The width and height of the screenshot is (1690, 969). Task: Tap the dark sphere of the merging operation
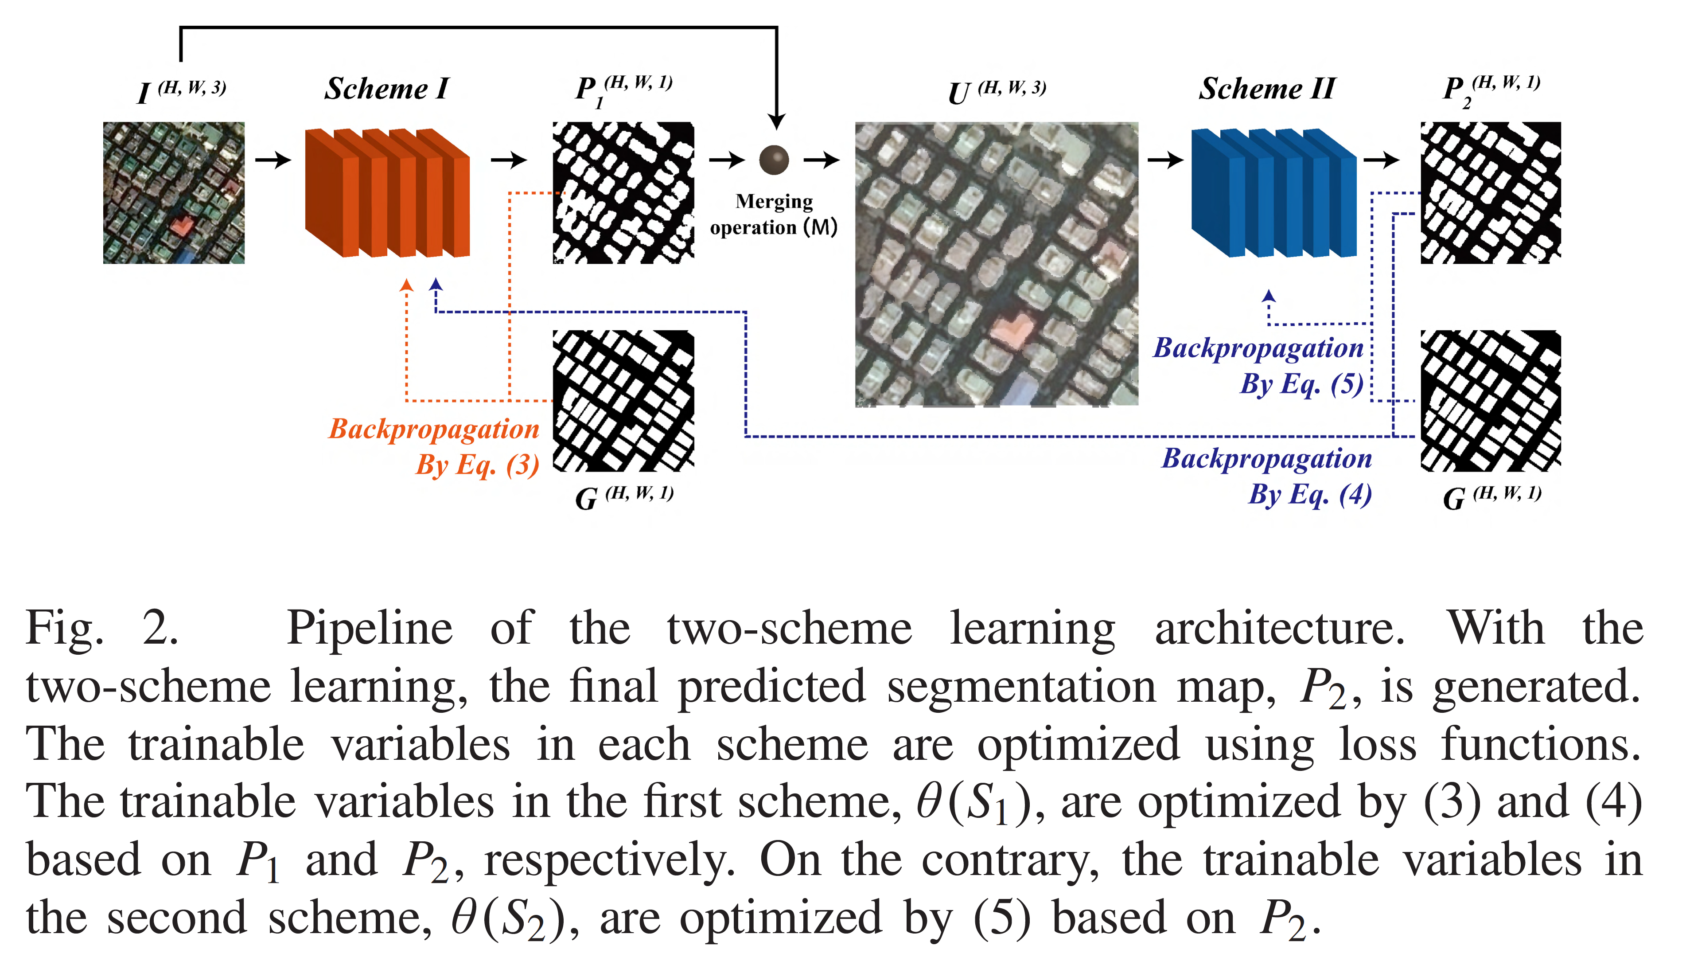(x=774, y=160)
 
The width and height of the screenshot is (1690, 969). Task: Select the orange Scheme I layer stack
(x=387, y=193)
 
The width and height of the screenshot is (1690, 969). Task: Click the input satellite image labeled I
(x=174, y=193)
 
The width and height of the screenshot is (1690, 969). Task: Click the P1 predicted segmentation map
(x=623, y=193)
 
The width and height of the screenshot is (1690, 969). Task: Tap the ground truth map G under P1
(x=623, y=401)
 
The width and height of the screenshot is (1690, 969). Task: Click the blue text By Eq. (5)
(x=1301, y=384)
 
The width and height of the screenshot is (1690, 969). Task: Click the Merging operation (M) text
(x=774, y=214)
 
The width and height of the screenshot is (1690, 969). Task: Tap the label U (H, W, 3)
(x=996, y=91)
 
